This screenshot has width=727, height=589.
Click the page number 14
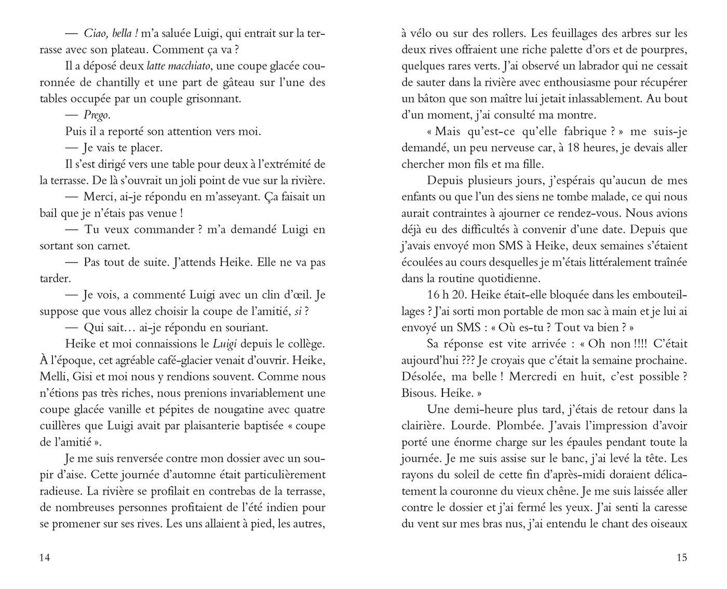45,558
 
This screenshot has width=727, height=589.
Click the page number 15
682,558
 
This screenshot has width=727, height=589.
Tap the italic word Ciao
96,34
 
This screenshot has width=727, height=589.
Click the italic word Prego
97,115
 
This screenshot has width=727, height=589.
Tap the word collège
305,344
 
